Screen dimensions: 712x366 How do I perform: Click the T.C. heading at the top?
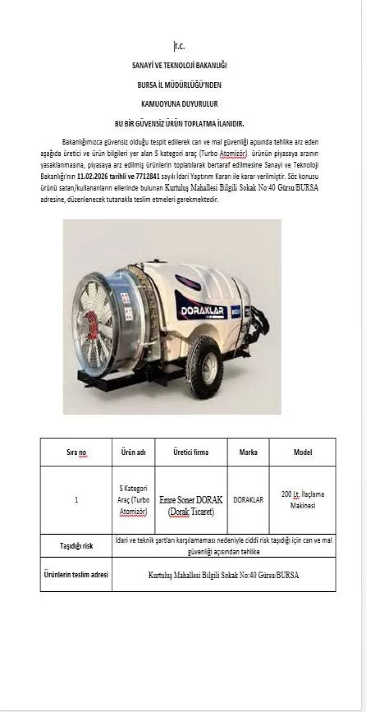coord(179,47)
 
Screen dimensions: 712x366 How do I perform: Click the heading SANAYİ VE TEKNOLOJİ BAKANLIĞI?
coord(179,65)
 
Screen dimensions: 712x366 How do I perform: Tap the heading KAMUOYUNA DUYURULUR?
coord(179,104)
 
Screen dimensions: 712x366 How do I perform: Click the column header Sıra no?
coord(76,453)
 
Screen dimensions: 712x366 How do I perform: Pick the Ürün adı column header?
coord(133,453)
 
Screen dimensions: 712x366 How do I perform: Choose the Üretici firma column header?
coord(191,453)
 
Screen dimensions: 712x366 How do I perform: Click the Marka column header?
coord(248,453)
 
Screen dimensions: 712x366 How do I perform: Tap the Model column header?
coord(303,453)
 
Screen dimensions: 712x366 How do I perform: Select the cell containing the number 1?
coord(76,500)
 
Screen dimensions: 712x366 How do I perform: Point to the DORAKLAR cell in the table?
coord(248,500)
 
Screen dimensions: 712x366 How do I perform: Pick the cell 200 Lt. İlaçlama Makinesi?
coord(303,500)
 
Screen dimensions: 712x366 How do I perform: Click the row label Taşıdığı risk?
coord(76,546)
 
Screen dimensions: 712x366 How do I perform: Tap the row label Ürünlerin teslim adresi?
coord(76,574)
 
